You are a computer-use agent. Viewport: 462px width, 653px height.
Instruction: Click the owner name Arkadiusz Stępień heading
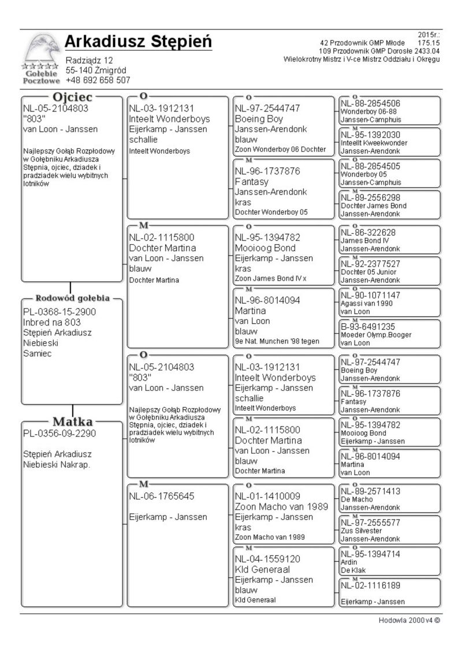[138, 42]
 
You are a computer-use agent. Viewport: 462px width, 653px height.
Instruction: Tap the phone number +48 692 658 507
[98, 80]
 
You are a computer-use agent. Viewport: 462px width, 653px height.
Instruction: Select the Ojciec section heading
[73, 98]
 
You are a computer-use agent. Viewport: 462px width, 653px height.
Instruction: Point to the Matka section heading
[73, 421]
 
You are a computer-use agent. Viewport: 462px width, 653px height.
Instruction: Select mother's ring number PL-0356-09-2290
[59, 433]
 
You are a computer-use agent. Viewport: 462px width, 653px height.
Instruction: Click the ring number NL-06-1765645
[162, 496]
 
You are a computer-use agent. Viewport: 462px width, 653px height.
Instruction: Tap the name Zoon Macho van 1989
[281, 506]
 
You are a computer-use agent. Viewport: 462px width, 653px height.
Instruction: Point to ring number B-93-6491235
[367, 326]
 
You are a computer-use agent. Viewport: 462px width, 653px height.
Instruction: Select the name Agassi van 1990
[366, 303]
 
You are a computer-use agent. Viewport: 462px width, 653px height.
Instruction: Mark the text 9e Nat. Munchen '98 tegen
[277, 341]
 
